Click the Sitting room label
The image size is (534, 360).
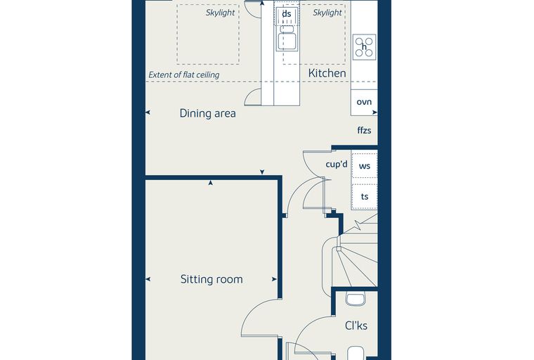[x=211, y=279]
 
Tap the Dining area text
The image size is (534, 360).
[x=208, y=113]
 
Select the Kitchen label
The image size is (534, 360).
[x=327, y=73]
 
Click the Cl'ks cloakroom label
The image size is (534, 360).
[x=356, y=326]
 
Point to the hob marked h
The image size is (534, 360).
[x=364, y=47]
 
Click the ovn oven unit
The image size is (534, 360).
[x=364, y=102]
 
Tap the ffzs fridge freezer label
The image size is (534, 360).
[x=364, y=130]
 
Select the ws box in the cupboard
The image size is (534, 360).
[x=365, y=166]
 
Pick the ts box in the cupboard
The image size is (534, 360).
[x=365, y=196]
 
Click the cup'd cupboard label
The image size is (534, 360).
[x=337, y=165]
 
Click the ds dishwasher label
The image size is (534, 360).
[x=287, y=14]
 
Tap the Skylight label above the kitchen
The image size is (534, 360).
[x=327, y=13]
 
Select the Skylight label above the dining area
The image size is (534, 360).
[x=220, y=13]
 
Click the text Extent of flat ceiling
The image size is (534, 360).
[x=184, y=75]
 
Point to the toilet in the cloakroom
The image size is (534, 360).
[x=356, y=299]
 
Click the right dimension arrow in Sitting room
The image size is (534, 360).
[x=274, y=279]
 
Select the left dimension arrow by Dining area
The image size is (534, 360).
[x=148, y=112]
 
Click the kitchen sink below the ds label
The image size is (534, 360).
[x=287, y=37]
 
